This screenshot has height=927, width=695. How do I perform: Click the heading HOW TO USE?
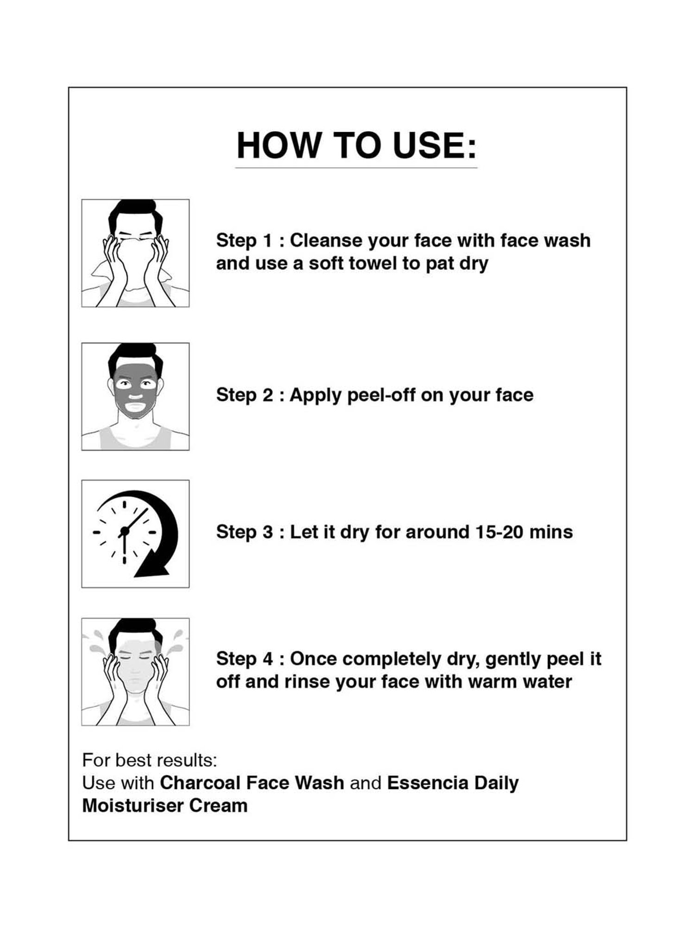tap(356, 146)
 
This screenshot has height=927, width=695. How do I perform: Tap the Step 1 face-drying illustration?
tap(135, 253)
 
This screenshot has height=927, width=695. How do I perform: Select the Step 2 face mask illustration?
tap(135, 396)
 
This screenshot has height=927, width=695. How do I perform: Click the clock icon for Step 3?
tap(135, 533)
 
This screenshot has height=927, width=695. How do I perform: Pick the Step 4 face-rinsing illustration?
tap(135, 672)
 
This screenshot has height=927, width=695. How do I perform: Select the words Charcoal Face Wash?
tap(252, 783)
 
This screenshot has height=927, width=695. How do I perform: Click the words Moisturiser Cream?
tap(165, 806)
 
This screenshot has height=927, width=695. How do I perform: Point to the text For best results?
tap(150, 760)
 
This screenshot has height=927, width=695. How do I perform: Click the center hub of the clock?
tap(124, 532)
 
